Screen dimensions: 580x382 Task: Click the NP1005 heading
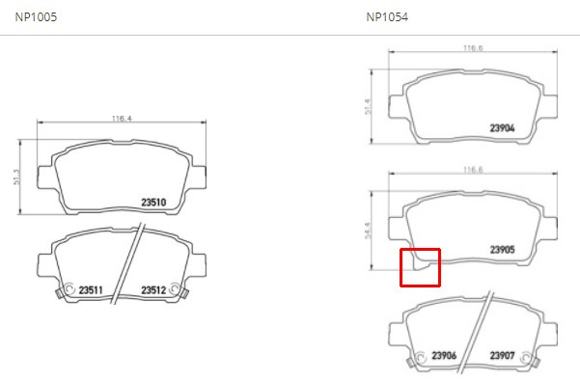point(36,17)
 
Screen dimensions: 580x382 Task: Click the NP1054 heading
point(387,17)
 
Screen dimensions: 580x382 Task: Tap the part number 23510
point(153,203)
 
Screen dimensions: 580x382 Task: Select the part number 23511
point(91,290)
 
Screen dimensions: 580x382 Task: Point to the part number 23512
point(153,290)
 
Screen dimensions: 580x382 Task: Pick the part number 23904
point(503,128)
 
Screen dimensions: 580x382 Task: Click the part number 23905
point(503,250)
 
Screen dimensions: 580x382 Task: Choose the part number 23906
point(444,355)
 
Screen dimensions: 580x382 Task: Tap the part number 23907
point(503,355)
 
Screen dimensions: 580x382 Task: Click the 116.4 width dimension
point(122,119)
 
